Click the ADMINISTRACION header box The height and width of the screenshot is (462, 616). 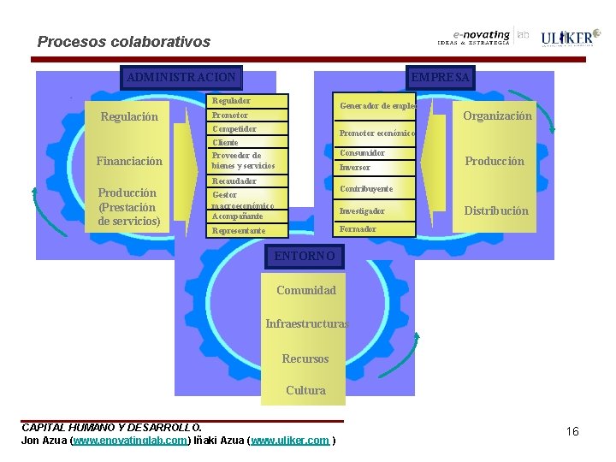[181, 77]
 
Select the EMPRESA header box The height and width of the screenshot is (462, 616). [440, 77]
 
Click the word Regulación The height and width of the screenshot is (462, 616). [129, 116]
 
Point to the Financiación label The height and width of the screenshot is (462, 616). [129, 161]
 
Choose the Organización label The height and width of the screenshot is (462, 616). [497, 115]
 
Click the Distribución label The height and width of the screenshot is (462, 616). [496, 210]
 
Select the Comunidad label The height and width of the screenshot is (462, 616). [306, 290]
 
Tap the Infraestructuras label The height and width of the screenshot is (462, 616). [306, 324]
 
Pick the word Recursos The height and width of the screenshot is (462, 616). [305, 358]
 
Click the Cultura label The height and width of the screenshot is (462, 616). [305, 390]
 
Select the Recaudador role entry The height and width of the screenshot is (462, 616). [234, 181]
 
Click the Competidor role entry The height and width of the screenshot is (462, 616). [234, 128]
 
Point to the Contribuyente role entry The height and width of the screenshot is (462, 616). [366, 188]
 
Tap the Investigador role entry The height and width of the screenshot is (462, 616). [362, 210]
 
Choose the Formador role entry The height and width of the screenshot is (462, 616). [358, 229]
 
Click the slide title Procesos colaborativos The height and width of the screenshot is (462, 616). [124, 42]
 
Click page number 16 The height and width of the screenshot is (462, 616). [572, 431]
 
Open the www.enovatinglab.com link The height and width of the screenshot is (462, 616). [130, 441]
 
